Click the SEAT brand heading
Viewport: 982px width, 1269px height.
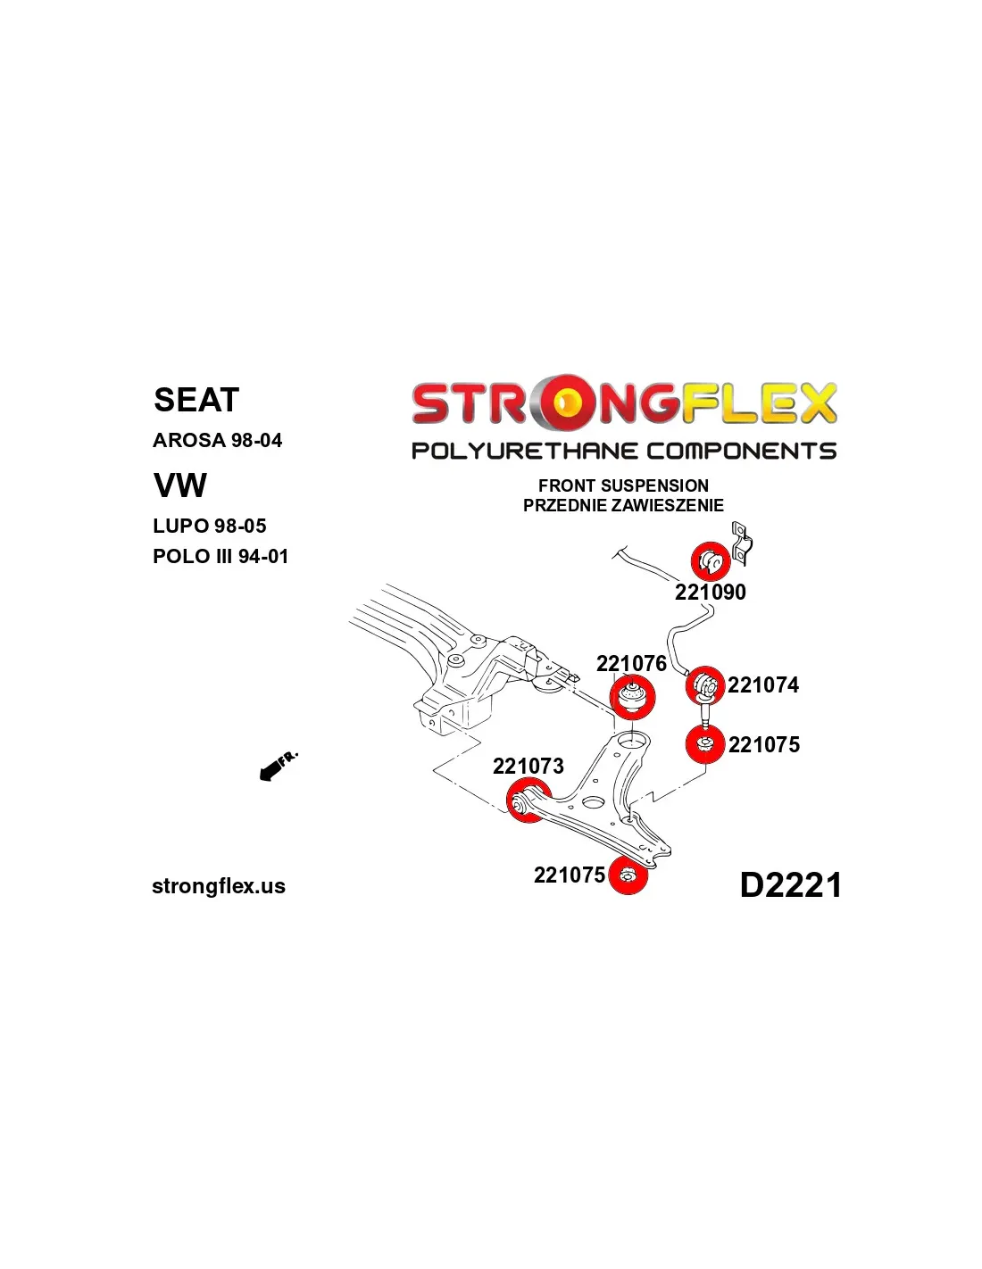point(196,400)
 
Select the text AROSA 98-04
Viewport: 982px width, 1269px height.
point(217,440)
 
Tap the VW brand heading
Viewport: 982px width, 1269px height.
point(180,485)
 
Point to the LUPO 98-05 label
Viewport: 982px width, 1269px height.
point(209,526)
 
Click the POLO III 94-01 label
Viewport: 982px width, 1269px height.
point(221,556)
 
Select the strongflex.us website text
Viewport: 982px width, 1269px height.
point(219,886)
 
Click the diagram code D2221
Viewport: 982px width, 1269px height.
point(790,884)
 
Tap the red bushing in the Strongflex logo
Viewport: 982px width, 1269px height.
point(565,402)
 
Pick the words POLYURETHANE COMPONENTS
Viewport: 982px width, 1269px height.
point(624,451)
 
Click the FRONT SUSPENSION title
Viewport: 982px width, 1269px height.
point(623,485)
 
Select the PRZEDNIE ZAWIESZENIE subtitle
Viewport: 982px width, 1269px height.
point(623,505)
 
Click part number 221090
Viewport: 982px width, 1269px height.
point(711,592)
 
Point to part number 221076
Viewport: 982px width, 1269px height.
point(631,663)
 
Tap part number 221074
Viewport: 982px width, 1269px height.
point(763,684)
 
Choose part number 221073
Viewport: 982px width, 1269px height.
point(528,766)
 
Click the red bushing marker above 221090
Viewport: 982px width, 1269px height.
point(711,561)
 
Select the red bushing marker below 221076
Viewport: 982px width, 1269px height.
point(633,697)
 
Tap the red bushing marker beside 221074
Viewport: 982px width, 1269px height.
point(705,685)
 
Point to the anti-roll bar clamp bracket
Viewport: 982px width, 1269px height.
point(741,544)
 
